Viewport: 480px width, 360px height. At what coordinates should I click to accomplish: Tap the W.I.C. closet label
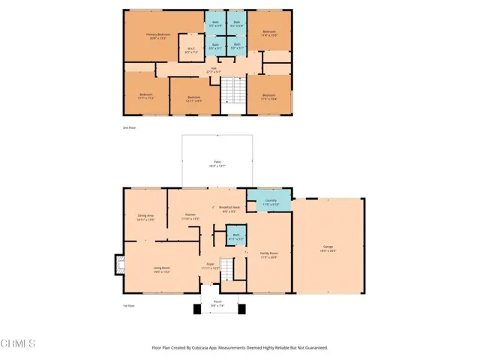(190, 52)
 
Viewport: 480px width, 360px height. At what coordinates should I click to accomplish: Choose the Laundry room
(271, 202)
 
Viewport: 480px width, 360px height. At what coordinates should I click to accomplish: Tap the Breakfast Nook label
(229, 209)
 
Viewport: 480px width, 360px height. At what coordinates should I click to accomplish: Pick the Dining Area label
(145, 217)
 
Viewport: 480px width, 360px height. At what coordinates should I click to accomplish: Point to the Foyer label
(209, 266)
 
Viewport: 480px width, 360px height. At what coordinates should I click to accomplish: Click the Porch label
(218, 305)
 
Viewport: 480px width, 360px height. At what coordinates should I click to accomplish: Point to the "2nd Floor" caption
(129, 128)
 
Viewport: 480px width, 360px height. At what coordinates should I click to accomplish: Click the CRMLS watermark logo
(19, 343)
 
